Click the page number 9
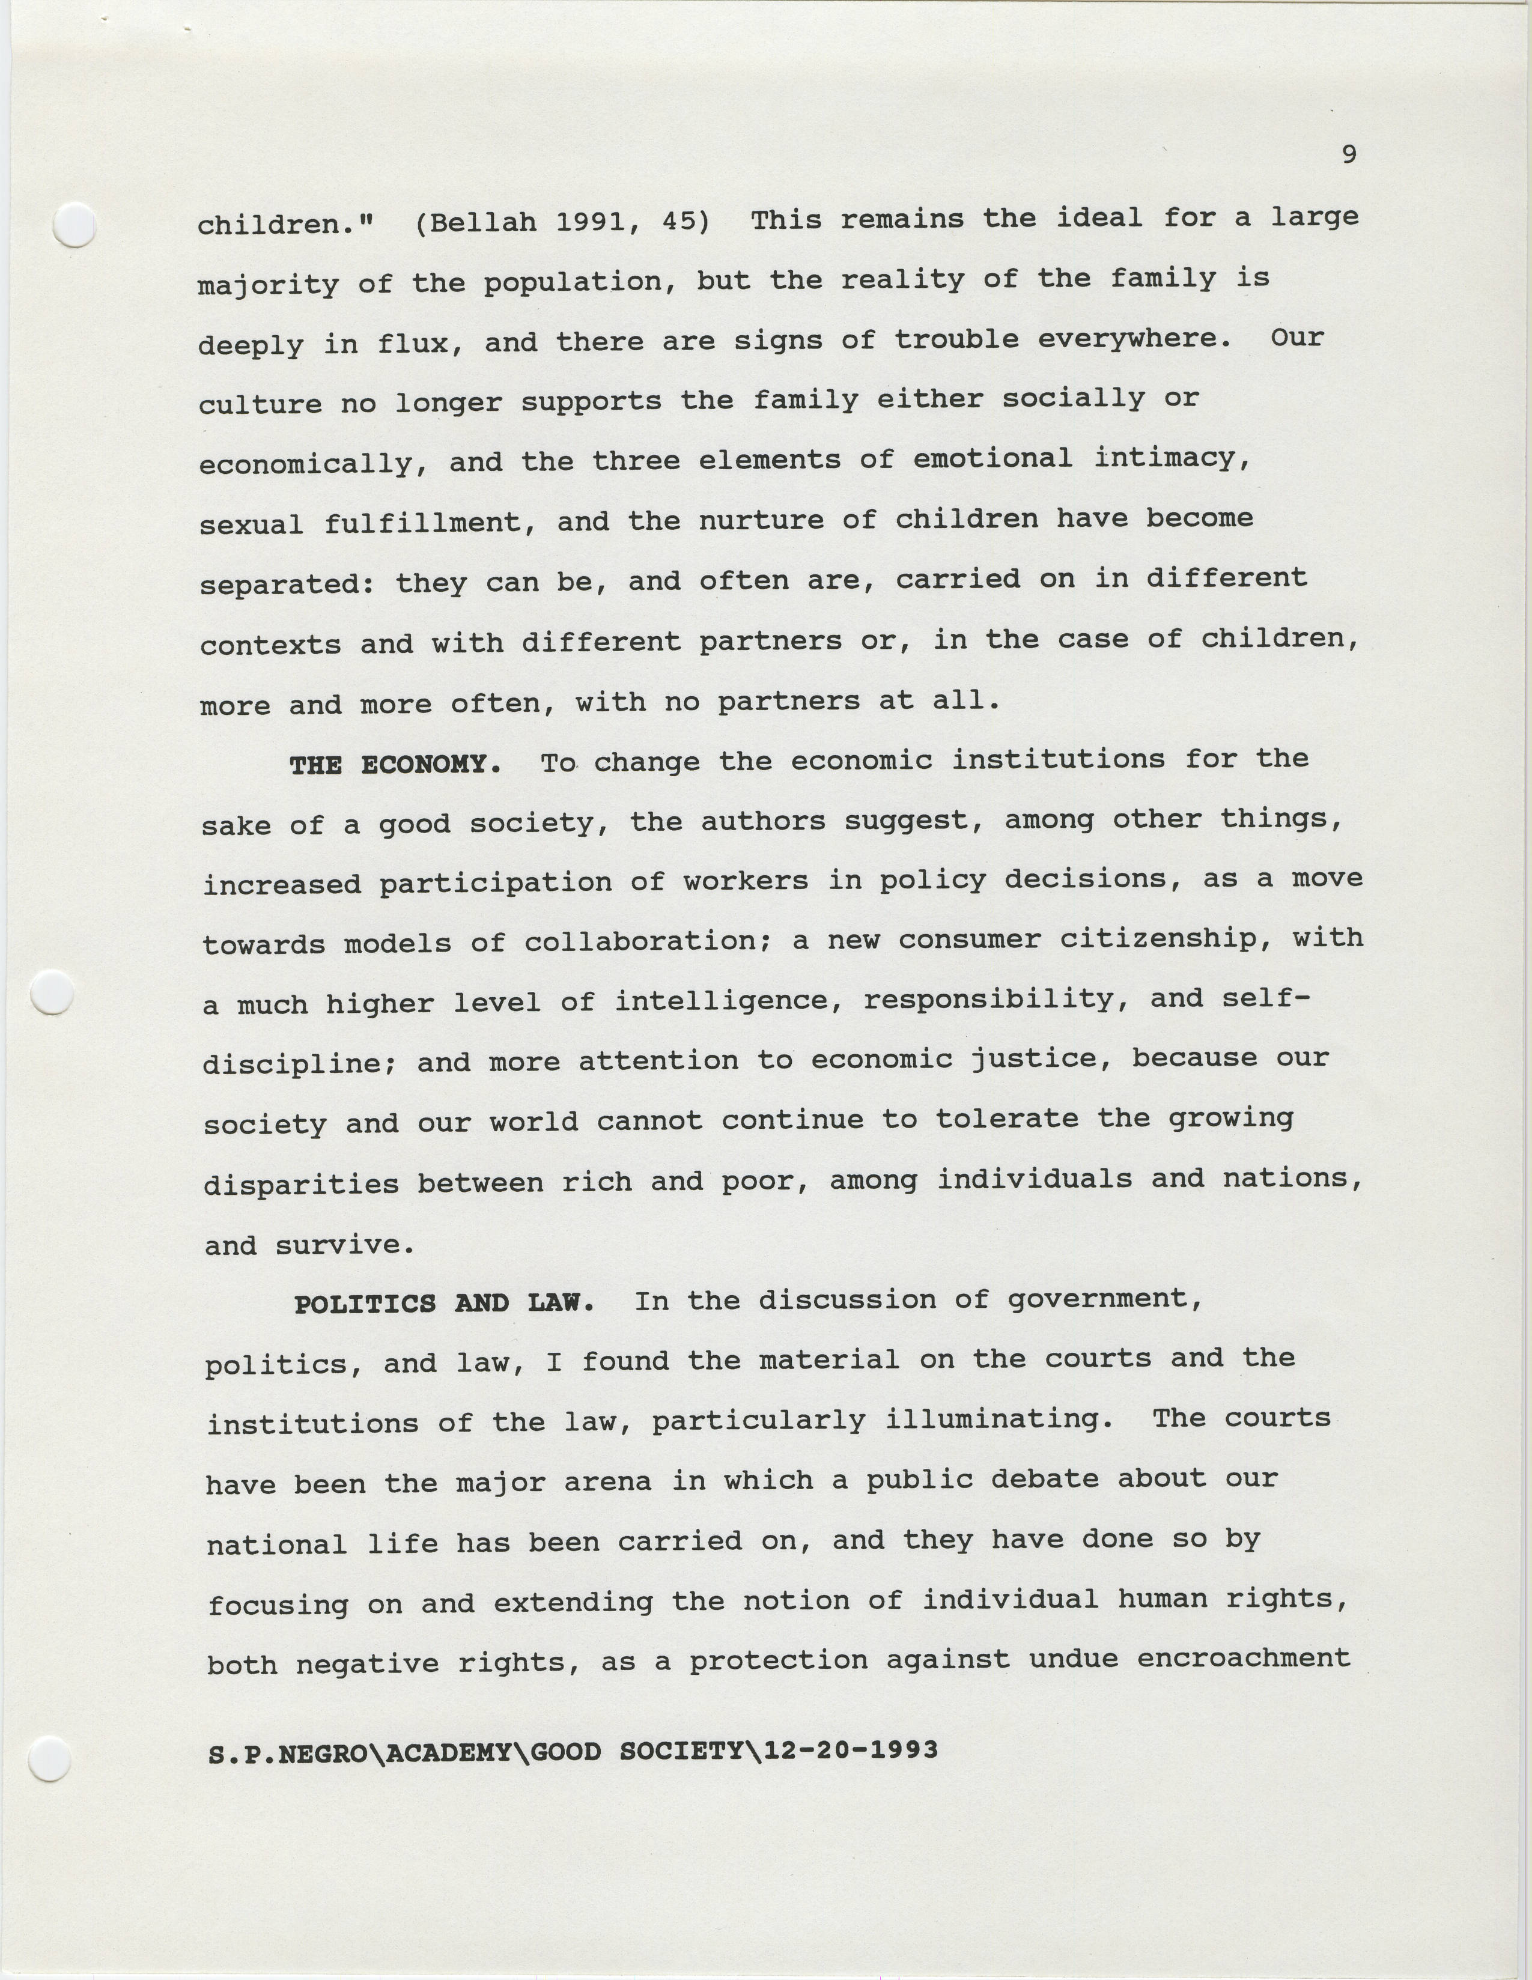(1349, 155)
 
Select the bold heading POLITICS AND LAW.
(444, 1304)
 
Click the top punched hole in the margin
(75, 224)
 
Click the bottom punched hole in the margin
(50, 1760)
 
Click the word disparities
(301, 1185)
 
